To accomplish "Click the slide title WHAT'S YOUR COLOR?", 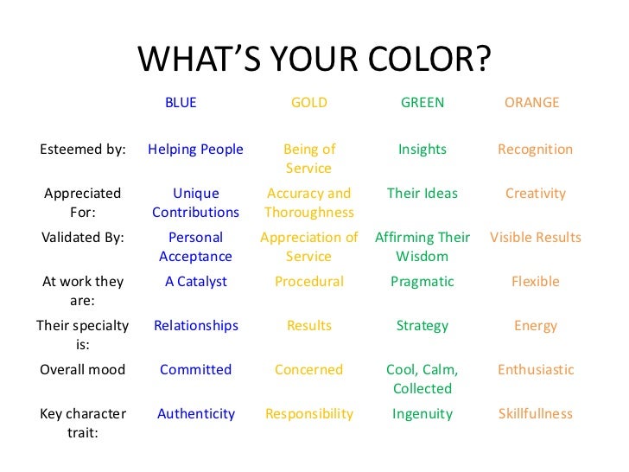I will coord(314,59).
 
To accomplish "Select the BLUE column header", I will coord(181,103).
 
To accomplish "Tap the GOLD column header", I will coord(308,103).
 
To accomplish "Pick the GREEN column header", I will coord(423,103).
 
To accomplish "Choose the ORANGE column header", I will coord(531,103).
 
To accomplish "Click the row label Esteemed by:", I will coord(83,150).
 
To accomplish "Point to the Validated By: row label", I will coord(83,238).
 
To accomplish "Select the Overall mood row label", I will coord(83,370).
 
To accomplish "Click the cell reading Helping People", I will coord(195,150).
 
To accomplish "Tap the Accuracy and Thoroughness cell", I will coord(309,203).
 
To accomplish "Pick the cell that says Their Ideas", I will coord(423,194).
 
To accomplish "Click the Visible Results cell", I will coord(535,238).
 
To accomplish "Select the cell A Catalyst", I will coord(195,282).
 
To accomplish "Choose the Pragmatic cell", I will coord(423,282).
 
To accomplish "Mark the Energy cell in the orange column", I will coord(535,326).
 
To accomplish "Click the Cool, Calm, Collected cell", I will coord(423,380).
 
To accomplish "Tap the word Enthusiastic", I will coord(535,370).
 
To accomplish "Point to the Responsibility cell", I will coord(309,414).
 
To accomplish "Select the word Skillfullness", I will coord(535,414).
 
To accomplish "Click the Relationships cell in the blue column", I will coord(195,326).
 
